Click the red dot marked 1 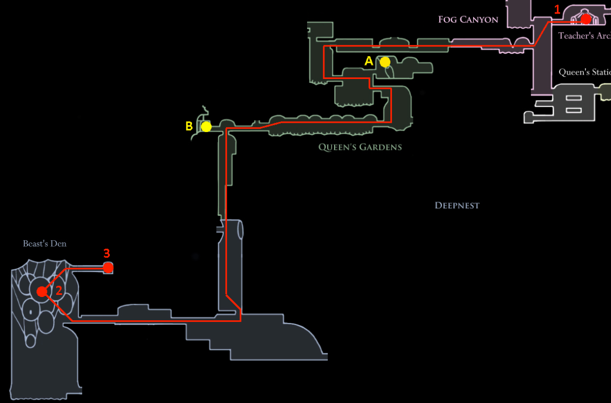[586, 19]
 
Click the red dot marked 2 [42, 292]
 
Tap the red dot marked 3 [108, 267]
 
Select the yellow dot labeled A [385, 62]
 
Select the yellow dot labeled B [206, 127]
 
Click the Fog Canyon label [468, 20]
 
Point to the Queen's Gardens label [360, 147]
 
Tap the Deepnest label [457, 206]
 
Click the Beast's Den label [44, 243]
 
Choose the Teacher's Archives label [584, 36]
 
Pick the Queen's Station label [584, 72]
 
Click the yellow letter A [369, 61]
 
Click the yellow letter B [189, 126]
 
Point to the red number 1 [557, 9]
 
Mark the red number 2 [59, 290]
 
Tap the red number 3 [107, 253]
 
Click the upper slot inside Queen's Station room [574, 99]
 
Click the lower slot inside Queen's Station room [574, 110]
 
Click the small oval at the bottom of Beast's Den [31, 341]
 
